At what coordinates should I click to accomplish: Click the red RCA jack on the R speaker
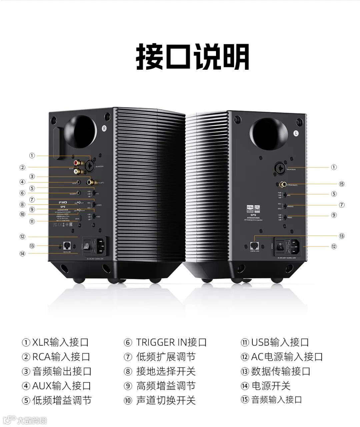(77, 163)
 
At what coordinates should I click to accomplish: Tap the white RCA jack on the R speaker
(77, 172)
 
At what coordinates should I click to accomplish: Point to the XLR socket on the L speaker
(279, 167)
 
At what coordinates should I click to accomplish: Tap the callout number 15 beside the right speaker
(341, 184)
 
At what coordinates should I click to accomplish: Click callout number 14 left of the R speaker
(22, 254)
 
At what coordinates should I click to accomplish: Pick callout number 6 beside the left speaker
(22, 193)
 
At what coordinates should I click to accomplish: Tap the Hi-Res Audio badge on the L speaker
(250, 208)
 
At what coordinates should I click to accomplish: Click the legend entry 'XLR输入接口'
(56, 342)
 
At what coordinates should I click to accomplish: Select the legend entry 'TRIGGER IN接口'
(166, 342)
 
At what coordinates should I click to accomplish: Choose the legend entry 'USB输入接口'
(275, 342)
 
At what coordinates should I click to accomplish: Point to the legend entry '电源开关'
(266, 386)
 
